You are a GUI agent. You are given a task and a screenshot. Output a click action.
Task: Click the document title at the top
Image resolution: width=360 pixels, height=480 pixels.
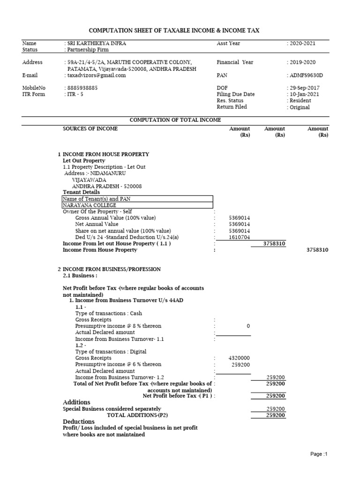[x=180, y=30]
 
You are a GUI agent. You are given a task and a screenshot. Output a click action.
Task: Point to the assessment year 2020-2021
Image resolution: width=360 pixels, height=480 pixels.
[x=302, y=43]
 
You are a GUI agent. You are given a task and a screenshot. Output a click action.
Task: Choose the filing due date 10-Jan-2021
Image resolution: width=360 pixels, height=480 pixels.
[x=304, y=94]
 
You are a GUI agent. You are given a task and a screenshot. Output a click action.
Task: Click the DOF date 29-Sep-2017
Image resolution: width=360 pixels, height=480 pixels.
[x=305, y=88]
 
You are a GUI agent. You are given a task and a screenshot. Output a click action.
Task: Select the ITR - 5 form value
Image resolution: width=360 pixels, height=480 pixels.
[x=75, y=94]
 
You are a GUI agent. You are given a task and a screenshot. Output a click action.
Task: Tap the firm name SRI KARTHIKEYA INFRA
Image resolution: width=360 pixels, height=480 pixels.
[x=97, y=43]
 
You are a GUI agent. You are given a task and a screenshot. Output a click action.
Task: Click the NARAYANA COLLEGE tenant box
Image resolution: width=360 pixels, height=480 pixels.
[x=137, y=205]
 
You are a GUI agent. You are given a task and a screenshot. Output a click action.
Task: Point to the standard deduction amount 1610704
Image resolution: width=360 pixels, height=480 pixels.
[x=239, y=237]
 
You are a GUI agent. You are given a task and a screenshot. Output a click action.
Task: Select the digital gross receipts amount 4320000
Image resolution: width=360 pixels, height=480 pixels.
[x=239, y=358]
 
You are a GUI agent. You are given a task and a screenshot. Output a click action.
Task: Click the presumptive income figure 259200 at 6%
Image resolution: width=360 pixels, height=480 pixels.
[x=241, y=365]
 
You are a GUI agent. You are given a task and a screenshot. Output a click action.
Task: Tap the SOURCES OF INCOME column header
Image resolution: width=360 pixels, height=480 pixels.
[x=90, y=128]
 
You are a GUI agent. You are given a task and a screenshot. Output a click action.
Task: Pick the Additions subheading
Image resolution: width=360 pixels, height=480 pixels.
[x=76, y=402]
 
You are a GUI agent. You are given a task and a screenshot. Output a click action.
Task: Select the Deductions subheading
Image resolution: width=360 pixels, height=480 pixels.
[x=78, y=421]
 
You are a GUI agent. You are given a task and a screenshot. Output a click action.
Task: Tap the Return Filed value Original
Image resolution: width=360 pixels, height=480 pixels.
[x=300, y=107]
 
